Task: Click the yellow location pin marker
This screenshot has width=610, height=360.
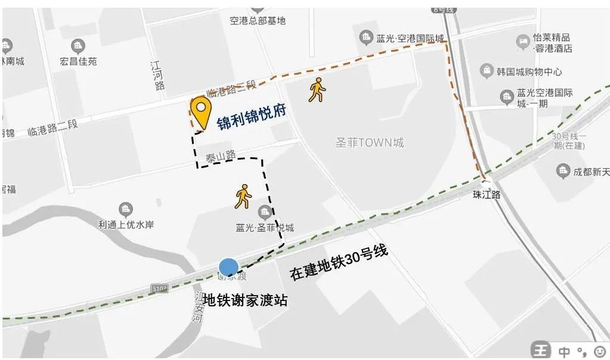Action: [201, 111]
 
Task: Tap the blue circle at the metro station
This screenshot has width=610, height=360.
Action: [228, 268]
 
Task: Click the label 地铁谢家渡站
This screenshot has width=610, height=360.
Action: [246, 300]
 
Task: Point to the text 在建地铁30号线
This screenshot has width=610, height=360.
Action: [339, 263]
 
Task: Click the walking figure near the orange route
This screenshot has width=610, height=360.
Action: [317, 89]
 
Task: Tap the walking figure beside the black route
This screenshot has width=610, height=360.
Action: [243, 196]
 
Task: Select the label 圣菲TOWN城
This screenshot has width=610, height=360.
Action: [370, 143]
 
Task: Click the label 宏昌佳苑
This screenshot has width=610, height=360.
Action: [78, 61]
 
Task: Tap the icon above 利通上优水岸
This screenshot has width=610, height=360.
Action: [126, 210]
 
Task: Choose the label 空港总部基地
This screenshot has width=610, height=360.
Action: [258, 20]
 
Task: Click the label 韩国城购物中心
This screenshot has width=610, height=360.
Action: [529, 72]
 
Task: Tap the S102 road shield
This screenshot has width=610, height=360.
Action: [160, 288]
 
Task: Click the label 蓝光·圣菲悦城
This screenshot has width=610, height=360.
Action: [265, 228]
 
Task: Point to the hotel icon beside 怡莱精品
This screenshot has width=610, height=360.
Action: [522, 42]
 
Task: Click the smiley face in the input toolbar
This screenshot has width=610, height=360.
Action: [599, 350]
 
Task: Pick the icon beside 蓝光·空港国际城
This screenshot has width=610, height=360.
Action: [366, 38]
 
